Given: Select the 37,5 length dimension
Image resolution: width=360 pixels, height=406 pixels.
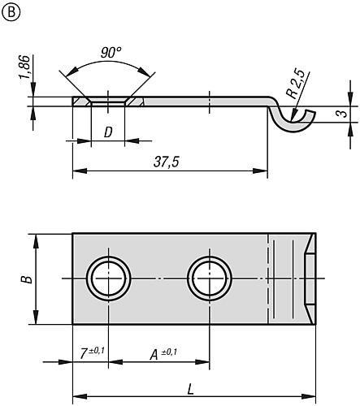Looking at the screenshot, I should click(165, 161).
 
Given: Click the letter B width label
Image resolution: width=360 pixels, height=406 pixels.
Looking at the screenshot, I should click(27, 278).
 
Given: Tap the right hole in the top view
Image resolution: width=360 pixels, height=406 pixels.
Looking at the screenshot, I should click(209, 279).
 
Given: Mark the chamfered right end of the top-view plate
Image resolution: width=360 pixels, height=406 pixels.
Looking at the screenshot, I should click(310, 279).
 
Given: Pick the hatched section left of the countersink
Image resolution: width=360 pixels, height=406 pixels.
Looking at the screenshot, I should click(79, 102).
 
